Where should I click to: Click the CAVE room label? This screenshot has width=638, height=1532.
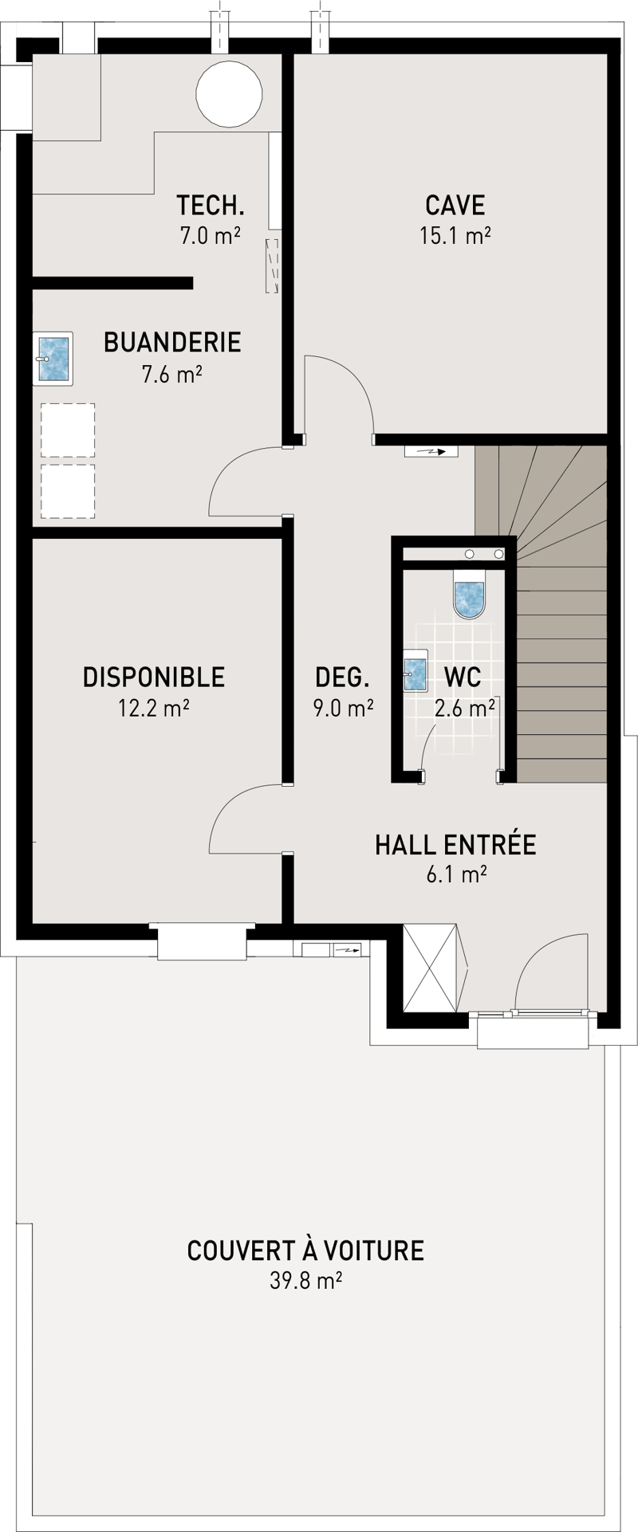455,205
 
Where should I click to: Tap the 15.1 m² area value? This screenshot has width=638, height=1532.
455,236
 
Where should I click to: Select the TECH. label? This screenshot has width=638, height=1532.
211,205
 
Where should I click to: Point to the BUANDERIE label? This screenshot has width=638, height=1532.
172,342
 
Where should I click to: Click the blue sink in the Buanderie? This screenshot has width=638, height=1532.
53,359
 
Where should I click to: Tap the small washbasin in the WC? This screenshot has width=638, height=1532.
414,670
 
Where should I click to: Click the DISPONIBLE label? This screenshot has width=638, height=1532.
154,677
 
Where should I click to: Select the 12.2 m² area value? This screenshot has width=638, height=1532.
154,708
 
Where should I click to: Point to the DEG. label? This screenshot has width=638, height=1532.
343,677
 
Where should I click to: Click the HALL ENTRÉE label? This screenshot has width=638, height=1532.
455,844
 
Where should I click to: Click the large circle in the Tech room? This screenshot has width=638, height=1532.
229,93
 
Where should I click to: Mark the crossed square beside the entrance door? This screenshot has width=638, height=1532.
430,968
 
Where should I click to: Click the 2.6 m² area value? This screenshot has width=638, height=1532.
465,708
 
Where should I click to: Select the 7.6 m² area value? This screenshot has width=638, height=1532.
171,374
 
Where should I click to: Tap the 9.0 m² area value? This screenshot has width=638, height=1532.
344,708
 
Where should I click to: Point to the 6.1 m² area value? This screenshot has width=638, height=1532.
456,874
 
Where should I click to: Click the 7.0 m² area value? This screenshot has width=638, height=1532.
211,236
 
